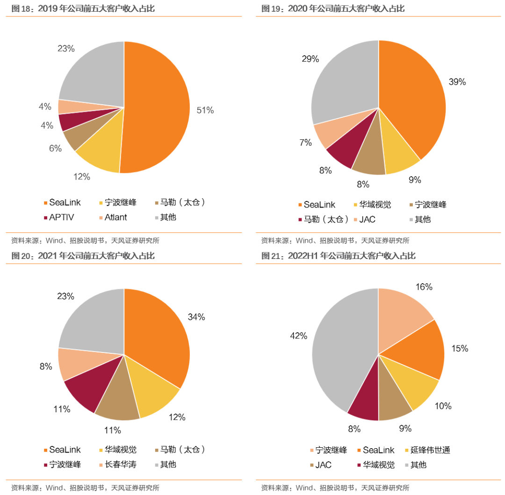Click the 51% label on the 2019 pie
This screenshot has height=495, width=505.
(205, 110)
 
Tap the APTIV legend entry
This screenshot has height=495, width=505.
(59, 217)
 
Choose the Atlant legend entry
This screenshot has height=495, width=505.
(113, 217)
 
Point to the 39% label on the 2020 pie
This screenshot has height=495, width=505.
(457, 82)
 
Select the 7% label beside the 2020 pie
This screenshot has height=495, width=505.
(306, 143)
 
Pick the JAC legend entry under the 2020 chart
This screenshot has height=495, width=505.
(365, 220)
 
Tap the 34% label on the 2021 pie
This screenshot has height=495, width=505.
(196, 317)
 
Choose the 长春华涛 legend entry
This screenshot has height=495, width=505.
(118, 465)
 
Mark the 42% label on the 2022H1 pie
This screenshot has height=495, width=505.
(298, 336)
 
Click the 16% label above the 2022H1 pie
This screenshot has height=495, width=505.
(424, 287)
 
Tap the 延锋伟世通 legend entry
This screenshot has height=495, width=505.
(427, 450)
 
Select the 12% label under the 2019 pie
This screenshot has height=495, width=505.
(82, 177)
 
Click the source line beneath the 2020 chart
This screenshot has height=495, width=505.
(335, 241)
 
